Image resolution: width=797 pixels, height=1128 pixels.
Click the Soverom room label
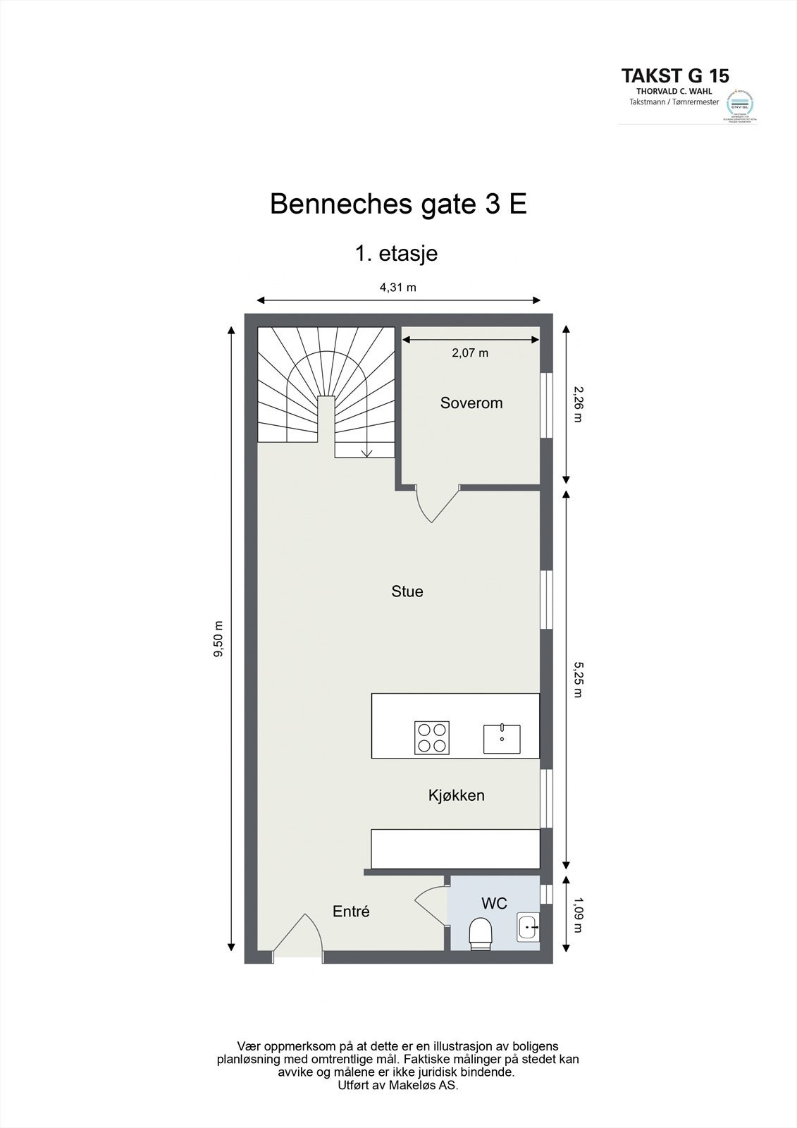point(471,403)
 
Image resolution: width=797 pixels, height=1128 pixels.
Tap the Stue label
point(407,591)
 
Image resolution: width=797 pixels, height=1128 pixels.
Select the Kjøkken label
point(456,795)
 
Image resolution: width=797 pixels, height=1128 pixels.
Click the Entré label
point(351,912)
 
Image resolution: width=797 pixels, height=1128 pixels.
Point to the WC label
point(494,903)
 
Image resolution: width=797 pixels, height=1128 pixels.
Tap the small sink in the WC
point(528,927)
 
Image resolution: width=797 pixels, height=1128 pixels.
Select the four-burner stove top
point(432,738)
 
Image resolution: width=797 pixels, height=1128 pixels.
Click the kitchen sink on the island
point(502,739)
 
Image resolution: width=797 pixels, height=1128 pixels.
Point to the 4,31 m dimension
point(398,287)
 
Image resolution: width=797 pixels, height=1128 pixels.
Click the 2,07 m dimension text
point(470,352)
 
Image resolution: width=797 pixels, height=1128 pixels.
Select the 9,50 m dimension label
point(218,639)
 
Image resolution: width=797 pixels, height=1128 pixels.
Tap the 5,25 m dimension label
point(579,679)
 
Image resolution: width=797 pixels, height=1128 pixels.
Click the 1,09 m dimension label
point(579,914)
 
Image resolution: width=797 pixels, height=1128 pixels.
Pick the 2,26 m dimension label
point(579,403)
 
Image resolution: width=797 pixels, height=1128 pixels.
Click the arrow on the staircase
point(366,452)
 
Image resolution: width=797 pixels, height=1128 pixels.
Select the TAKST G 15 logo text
point(674,75)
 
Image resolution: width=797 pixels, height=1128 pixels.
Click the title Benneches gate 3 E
point(398,204)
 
